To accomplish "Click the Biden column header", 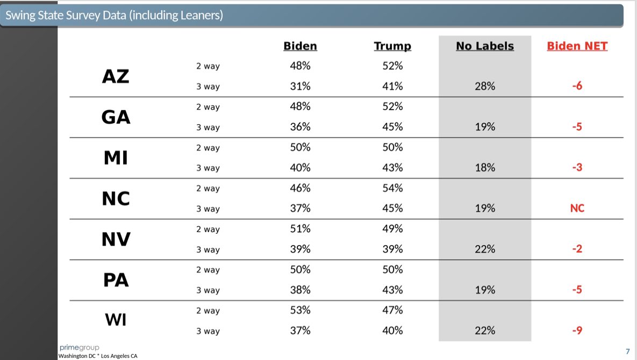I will tap(300, 46).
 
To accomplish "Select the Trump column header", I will tap(392, 46).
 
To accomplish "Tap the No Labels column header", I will tap(485, 46).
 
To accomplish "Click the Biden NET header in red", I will tap(577, 46).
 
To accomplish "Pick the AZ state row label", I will tap(116, 76).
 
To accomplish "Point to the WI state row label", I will tap(116, 321).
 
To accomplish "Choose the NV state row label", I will tap(116, 239).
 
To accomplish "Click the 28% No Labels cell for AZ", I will tap(485, 87).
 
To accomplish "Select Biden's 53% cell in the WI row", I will tap(300, 311).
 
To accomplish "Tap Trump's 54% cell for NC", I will tap(392, 188).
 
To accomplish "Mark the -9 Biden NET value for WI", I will tap(577, 331).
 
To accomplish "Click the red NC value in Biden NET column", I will tap(577, 208).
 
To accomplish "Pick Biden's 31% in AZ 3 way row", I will tap(300, 87).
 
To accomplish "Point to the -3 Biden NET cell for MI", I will tap(577, 168).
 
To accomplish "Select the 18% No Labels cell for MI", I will tap(485, 168).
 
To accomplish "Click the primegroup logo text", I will tap(79, 348).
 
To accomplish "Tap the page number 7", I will tap(627, 351).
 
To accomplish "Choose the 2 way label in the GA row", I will tap(207, 107).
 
